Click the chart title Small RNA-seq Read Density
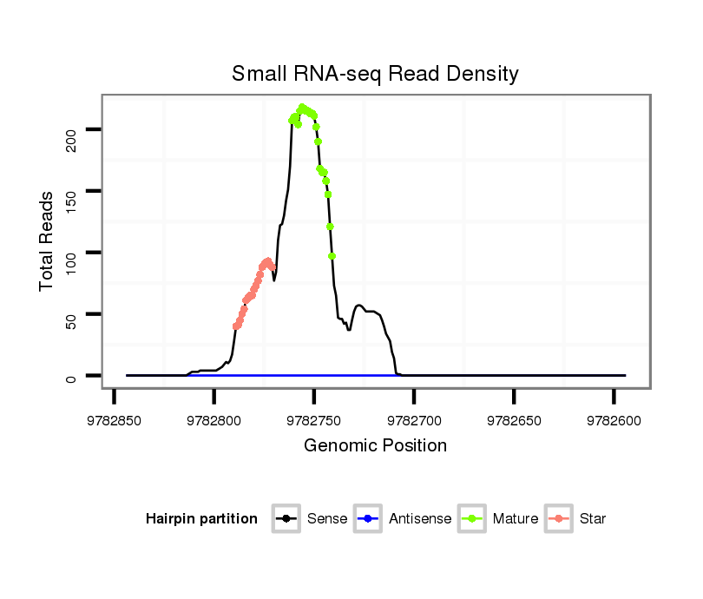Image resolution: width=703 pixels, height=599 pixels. (375, 74)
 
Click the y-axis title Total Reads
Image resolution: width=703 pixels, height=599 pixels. (47, 240)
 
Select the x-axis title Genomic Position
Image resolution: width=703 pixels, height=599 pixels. (375, 446)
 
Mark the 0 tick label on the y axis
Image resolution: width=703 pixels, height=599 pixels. (71, 377)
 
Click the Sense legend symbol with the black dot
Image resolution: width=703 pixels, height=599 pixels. (286, 519)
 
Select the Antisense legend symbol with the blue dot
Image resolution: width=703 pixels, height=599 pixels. (368, 519)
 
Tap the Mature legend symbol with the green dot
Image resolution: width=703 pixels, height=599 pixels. (472, 519)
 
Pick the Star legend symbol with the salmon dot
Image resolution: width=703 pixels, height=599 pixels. (558, 519)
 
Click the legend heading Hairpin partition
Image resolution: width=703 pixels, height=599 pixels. (201, 519)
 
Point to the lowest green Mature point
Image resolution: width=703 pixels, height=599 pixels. (332, 256)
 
